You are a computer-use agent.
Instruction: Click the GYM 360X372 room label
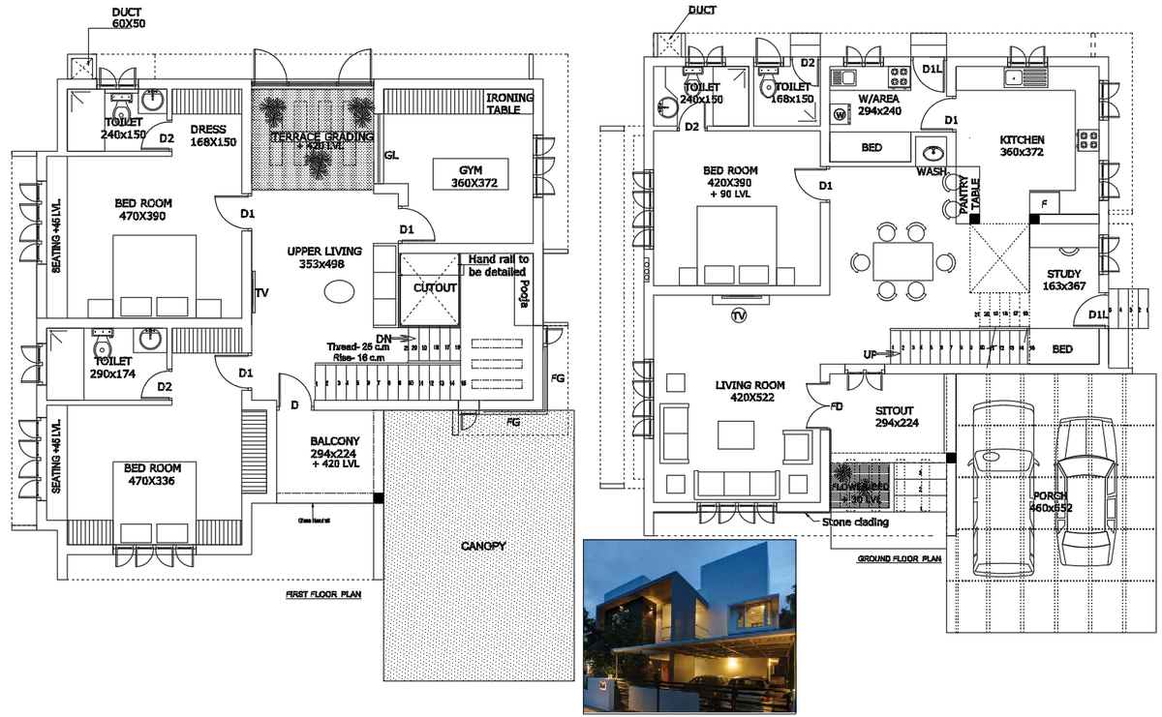pos(472,176)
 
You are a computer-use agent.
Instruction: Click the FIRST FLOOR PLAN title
pos(322,594)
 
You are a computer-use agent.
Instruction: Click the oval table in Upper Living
pos(339,291)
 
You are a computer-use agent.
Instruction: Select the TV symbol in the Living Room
pos(739,316)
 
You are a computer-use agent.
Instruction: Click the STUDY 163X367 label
pos(1061,280)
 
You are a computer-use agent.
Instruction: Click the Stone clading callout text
pos(856,523)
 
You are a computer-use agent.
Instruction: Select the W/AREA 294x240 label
pos(879,105)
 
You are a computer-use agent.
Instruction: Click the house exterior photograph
pos(689,626)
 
